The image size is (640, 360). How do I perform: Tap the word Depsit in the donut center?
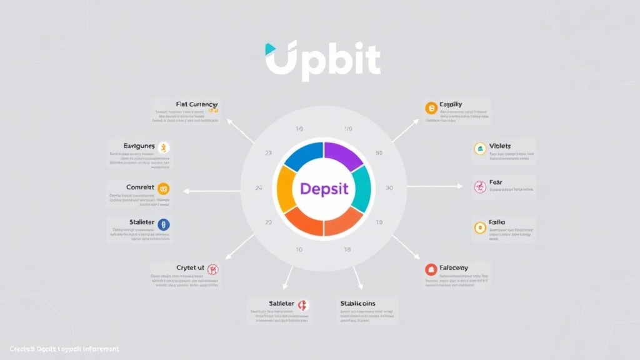pos(324,188)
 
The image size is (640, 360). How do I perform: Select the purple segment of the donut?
pos(343,155)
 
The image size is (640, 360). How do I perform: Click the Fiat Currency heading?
pos(196,104)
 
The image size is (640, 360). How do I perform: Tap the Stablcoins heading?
pos(357,303)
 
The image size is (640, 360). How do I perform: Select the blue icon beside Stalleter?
pos(164,224)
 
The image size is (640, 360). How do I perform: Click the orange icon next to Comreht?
pos(164,187)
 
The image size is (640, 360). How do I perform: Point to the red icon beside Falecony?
pos(430,269)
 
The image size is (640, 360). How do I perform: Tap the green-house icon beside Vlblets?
pos(480,149)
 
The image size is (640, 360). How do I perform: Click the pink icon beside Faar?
pos(480,186)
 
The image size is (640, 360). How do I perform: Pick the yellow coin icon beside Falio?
pos(480,227)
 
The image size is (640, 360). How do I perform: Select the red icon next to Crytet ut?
pos(212,269)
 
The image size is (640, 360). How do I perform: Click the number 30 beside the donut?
pos(389,188)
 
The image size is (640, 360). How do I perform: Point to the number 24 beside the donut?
pos(259,187)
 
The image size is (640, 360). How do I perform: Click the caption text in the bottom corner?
pos(64,349)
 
